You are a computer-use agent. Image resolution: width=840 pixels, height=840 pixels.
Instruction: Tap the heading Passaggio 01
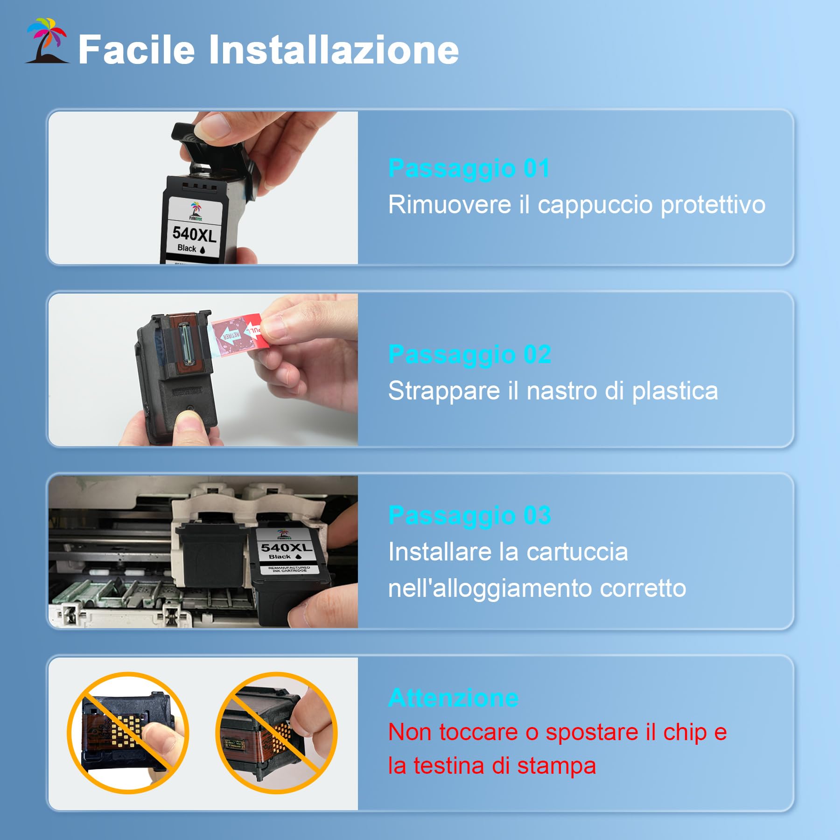coord(469,168)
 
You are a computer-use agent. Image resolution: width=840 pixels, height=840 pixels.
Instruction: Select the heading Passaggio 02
coord(469,354)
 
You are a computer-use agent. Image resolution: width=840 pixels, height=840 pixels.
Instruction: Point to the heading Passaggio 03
coord(469,515)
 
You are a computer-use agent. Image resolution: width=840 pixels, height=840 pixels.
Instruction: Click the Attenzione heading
coord(453,698)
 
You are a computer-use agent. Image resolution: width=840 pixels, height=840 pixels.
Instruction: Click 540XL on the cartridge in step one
coord(194,234)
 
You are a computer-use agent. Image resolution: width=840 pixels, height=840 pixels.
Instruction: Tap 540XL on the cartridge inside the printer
coord(286,547)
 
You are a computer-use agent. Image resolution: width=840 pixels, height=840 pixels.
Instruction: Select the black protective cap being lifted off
coord(212,149)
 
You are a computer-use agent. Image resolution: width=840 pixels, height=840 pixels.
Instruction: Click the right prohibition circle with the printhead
coord(276,733)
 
